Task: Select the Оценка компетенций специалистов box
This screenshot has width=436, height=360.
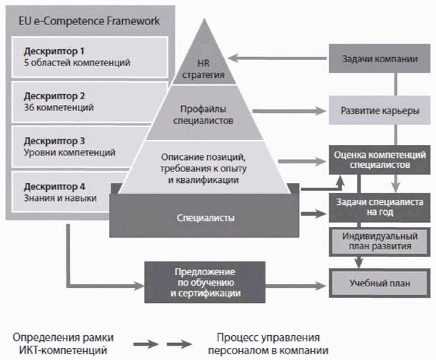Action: coord(380,159)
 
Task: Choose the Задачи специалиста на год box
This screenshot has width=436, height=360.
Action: coord(380,207)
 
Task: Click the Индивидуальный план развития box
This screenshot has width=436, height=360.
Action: coord(380,241)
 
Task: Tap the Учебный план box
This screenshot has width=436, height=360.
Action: coord(380,283)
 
